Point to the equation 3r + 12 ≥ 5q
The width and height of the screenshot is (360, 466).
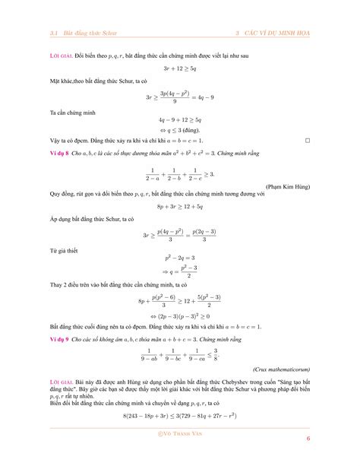[x=180, y=68]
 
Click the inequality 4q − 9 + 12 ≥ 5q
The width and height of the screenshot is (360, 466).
[x=180, y=119]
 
